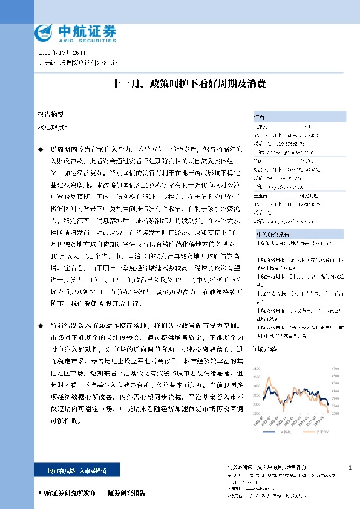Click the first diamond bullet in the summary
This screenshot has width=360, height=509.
tap(40, 148)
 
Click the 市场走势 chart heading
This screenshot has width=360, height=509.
tap(264, 349)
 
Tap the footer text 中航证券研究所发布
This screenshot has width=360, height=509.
tap(67, 493)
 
